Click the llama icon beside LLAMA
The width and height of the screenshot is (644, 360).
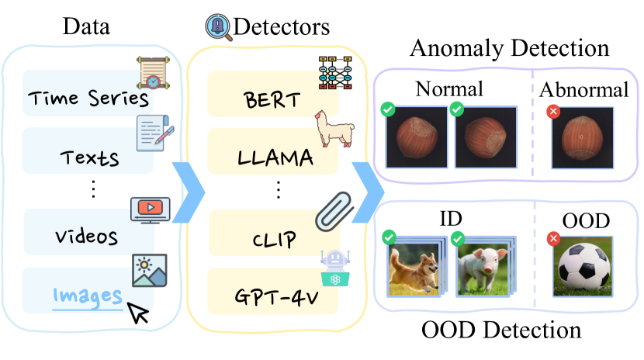point(334,129)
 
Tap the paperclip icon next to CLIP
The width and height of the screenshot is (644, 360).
point(334,210)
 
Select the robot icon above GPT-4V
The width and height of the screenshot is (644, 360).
point(335,268)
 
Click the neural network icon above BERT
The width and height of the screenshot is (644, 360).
point(335,73)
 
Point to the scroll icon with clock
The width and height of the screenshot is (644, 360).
point(153,73)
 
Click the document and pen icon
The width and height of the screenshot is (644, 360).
point(155,133)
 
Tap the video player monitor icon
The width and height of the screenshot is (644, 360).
point(151,210)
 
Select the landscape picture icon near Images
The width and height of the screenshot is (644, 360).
point(150,270)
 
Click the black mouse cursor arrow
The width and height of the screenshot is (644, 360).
point(138,313)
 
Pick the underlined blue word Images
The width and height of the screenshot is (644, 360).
point(88,296)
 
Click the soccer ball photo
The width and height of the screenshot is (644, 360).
point(583,267)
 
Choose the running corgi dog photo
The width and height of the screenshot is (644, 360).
point(416,267)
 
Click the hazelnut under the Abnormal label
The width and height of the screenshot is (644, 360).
point(582,138)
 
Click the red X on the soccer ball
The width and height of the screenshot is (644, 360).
point(554,238)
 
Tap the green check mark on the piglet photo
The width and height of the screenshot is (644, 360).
point(457,238)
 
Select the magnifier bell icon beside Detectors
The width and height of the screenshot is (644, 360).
point(219,27)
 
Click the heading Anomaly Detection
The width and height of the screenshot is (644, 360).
point(509,48)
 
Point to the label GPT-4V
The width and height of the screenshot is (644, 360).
point(276,297)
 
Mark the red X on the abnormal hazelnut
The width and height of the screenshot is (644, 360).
point(553,111)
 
